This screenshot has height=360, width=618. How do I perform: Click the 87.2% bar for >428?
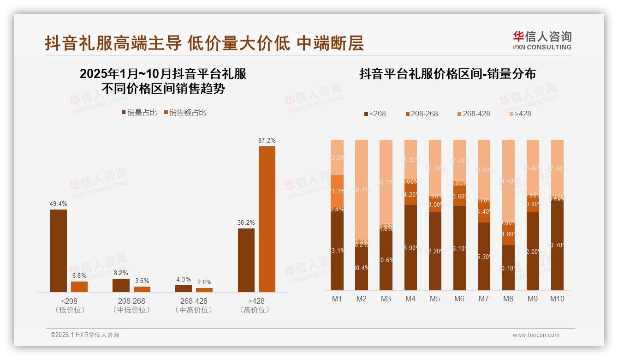tap(267, 219)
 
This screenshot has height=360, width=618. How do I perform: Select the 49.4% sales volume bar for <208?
tap(59, 251)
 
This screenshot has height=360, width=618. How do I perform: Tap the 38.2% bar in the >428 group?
tap(246, 260)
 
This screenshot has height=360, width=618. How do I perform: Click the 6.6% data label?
tap(79, 276)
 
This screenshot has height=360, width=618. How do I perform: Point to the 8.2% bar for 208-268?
tap(121, 285)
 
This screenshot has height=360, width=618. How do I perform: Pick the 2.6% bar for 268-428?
tap(204, 290)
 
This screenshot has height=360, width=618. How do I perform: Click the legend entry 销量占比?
tap(139, 113)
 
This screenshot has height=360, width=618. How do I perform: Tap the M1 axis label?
tap(337, 299)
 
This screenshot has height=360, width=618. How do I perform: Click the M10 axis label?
tap(557, 299)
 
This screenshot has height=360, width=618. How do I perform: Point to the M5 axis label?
tap(435, 299)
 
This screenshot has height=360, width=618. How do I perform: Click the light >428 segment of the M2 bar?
tap(362, 189)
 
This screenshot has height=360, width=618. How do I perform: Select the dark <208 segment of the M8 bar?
tap(508, 268)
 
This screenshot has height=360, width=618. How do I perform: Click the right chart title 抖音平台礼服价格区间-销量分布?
tap(447, 74)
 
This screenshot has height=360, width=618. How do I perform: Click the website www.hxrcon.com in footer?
tap(536, 335)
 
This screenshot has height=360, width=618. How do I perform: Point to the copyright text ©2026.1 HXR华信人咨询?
tap(85, 335)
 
